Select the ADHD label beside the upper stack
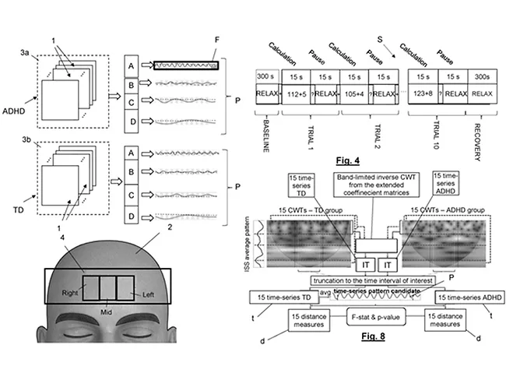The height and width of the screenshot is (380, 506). tap(16, 129)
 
